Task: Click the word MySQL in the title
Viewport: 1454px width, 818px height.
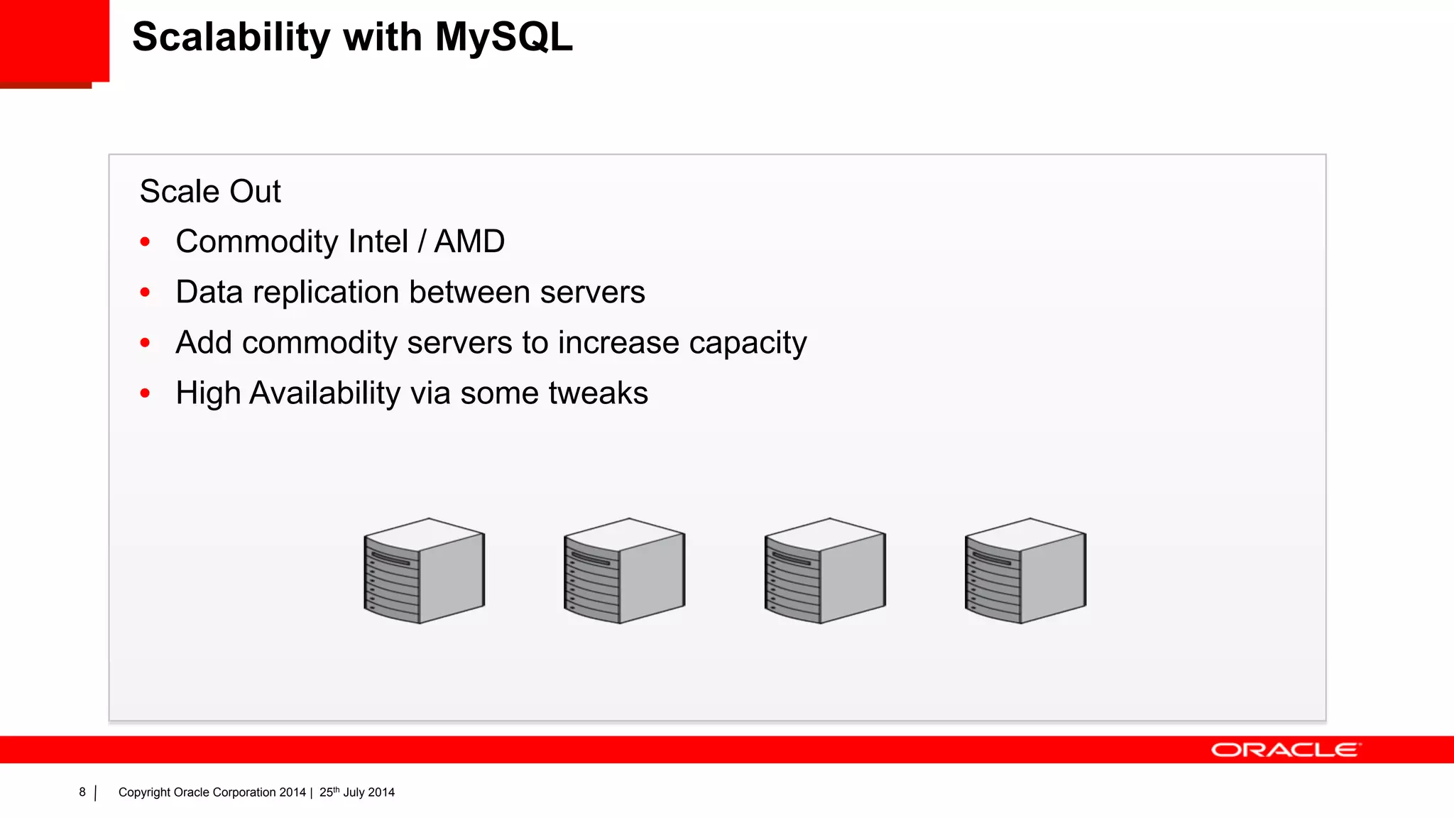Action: click(x=503, y=37)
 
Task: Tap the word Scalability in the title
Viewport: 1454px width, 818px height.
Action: click(x=231, y=38)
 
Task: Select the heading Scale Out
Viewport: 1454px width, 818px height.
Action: click(x=210, y=192)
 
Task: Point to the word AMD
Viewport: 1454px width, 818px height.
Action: click(x=469, y=241)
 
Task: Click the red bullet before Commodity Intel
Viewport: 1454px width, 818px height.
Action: click(x=146, y=242)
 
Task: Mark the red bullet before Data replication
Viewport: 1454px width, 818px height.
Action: click(x=146, y=293)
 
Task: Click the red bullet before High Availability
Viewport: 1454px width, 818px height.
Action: click(x=146, y=393)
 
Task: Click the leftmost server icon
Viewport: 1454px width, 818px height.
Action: click(x=425, y=571)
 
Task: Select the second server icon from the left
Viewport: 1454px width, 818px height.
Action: click(x=625, y=571)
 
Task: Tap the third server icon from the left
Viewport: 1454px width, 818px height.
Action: click(x=825, y=571)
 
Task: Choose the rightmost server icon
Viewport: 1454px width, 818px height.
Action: click(x=1025, y=571)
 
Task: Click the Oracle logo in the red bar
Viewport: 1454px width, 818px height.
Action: click(x=1286, y=751)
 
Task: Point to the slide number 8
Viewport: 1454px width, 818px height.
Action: click(x=82, y=792)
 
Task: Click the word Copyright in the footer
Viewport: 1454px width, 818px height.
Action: click(x=144, y=792)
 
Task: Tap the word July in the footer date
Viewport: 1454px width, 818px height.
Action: click(x=354, y=792)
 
